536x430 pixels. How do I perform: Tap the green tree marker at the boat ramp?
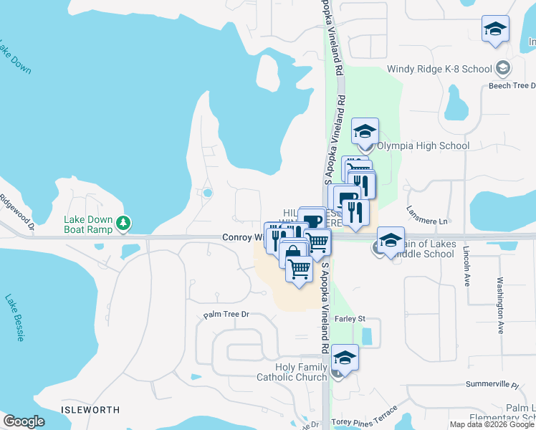[x=124, y=224]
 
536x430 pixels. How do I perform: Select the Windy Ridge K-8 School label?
[x=440, y=70]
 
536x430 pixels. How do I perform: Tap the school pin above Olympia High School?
[x=365, y=131]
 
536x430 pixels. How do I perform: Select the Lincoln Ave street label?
[x=466, y=267]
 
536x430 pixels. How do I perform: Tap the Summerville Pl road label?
[x=492, y=385]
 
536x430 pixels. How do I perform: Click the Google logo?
[x=24, y=421]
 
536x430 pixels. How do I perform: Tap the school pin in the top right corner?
[x=495, y=29]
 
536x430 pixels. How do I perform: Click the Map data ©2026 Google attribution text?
[x=492, y=424]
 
